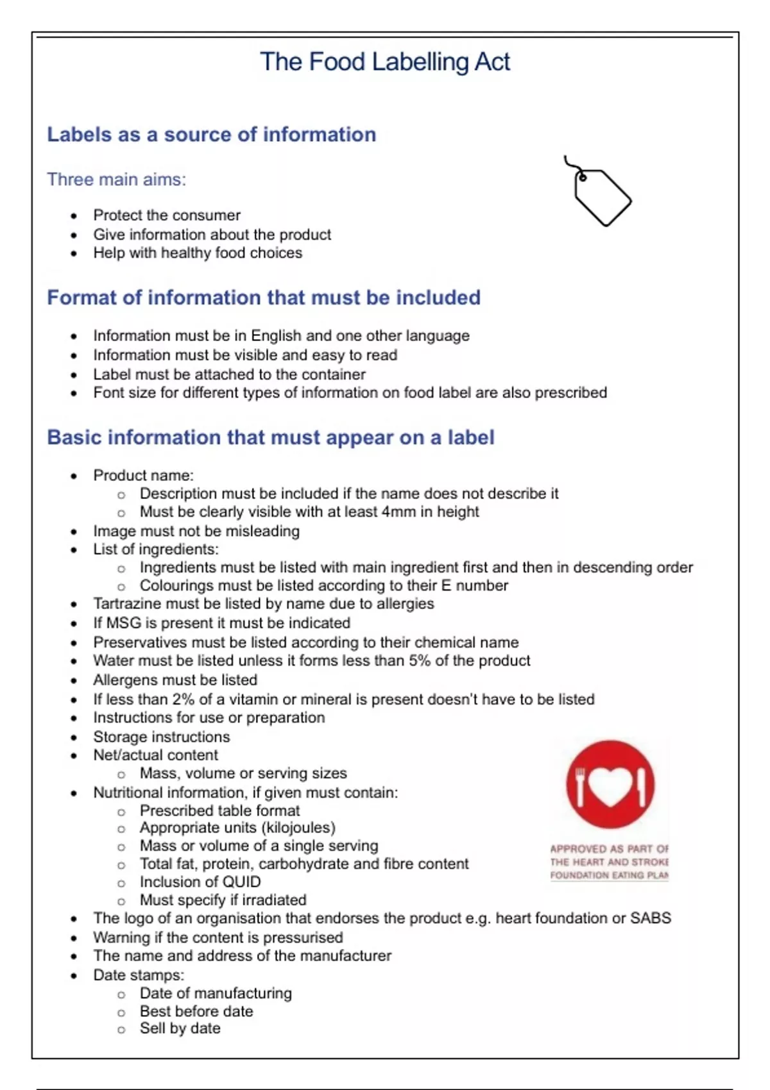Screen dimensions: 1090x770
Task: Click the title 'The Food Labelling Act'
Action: click(x=385, y=62)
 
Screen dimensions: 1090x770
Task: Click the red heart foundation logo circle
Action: click(x=610, y=785)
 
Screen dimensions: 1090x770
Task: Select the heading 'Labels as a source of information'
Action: click(x=211, y=135)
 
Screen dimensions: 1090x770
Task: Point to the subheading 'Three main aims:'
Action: click(x=116, y=180)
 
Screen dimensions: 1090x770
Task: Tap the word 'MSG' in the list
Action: click(x=124, y=623)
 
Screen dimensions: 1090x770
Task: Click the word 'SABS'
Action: click(x=650, y=918)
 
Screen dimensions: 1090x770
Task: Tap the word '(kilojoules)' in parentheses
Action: click(x=300, y=828)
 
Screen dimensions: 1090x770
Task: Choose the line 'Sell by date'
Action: click(x=180, y=1028)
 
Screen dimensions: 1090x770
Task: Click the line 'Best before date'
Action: click(x=196, y=1011)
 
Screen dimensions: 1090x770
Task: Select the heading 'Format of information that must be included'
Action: click(x=264, y=298)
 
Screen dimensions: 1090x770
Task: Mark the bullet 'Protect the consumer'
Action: click(x=167, y=215)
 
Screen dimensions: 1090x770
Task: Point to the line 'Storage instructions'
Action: click(x=161, y=737)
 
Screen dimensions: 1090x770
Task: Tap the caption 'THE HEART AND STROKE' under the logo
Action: click(x=609, y=862)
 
